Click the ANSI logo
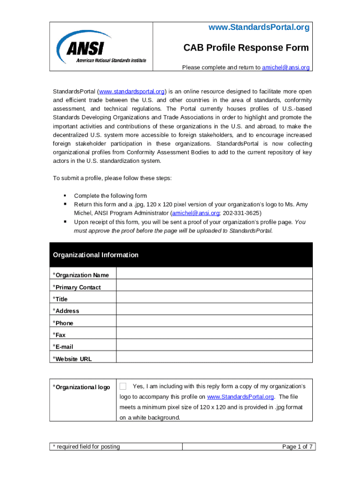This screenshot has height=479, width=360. point(101,47)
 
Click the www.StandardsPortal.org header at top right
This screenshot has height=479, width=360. point(259,28)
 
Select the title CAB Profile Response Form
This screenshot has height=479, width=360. point(245,48)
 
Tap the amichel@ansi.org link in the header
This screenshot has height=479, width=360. point(286,67)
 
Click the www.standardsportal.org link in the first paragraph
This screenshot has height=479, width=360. point(131,91)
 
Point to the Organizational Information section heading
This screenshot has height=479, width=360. point(96,255)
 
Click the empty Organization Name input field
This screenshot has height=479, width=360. point(214,274)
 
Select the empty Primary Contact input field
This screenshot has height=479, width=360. point(214,286)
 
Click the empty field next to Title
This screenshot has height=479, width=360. point(214,298)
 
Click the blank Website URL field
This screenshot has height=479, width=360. point(214,358)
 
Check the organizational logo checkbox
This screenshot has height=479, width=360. point(123,386)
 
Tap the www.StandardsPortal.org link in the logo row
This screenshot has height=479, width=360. point(240,397)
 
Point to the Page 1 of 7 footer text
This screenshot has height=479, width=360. point(297,447)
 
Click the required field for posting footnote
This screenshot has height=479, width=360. point(86,447)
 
